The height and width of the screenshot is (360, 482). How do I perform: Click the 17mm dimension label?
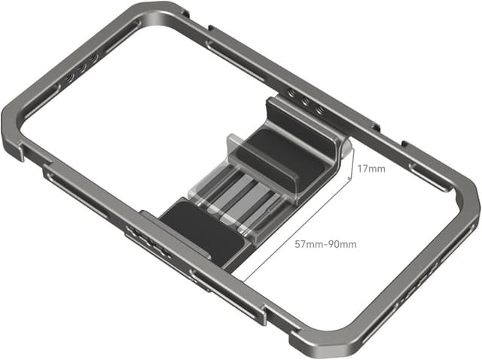(x=371, y=168)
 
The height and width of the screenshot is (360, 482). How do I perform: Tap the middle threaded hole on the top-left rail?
(x=84, y=59)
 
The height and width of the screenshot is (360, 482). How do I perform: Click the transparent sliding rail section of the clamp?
(x=241, y=196)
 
